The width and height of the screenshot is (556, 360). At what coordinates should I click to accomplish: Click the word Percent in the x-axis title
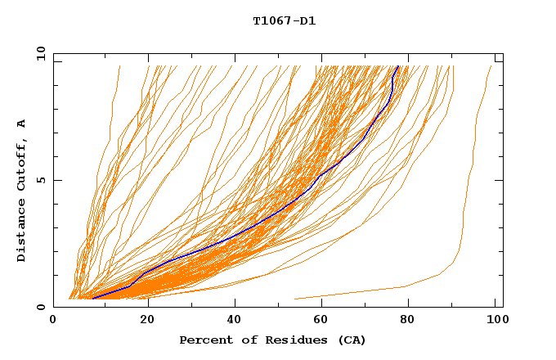point(204,340)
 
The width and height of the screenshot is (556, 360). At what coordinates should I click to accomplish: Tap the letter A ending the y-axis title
point(22,124)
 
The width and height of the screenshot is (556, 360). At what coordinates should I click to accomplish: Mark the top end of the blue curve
point(397,66)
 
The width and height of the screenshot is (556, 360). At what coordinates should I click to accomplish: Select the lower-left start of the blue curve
point(93,299)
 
